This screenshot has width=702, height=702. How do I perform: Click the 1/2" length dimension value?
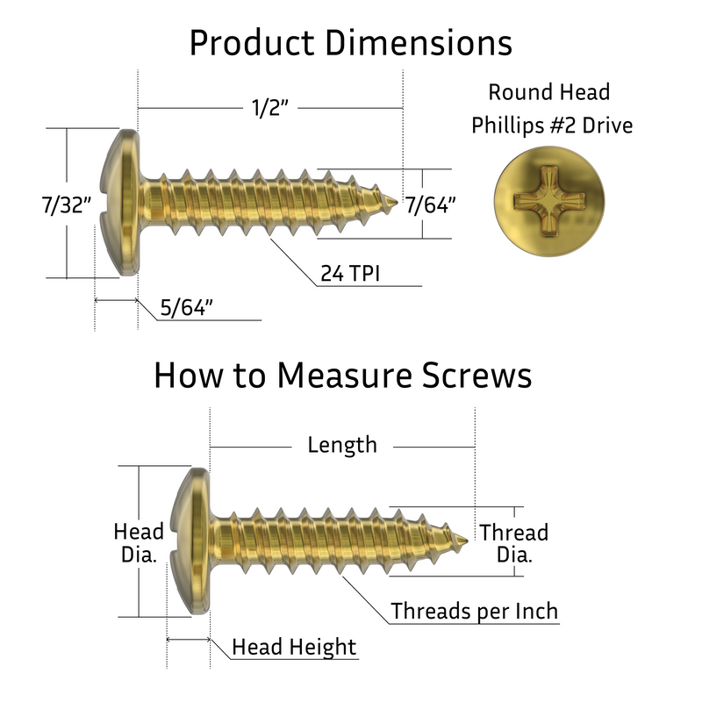[x=270, y=108]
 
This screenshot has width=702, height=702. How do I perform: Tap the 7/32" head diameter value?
[x=67, y=205]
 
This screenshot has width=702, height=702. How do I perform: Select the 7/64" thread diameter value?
[x=431, y=205]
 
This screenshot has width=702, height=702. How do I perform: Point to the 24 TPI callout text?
[x=350, y=273]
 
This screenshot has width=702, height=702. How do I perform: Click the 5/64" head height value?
[x=186, y=308]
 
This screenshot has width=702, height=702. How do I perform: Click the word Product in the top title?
[x=252, y=43]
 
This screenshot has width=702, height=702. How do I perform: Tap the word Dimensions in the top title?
[x=419, y=43]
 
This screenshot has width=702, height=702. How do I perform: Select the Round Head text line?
[x=549, y=92]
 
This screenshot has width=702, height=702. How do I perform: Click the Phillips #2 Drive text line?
[x=552, y=125]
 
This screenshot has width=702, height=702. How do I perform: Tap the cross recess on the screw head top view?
[x=549, y=201]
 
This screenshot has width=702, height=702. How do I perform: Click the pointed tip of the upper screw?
[x=398, y=203]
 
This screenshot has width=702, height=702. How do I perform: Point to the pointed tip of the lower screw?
[x=467, y=541]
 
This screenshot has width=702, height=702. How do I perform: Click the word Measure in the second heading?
[x=344, y=376]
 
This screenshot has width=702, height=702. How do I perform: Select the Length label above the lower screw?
[x=342, y=445]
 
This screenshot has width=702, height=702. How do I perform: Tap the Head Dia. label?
[x=139, y=543]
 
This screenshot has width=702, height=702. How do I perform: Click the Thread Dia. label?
[x=514, y=543]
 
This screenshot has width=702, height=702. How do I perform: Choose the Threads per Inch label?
[x=475, y=611]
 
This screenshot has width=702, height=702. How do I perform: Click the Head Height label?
[x=294, y=647]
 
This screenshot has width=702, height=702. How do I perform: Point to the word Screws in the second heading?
[x=476, y=376]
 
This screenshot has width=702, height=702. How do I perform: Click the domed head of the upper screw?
[x=118, y=203]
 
